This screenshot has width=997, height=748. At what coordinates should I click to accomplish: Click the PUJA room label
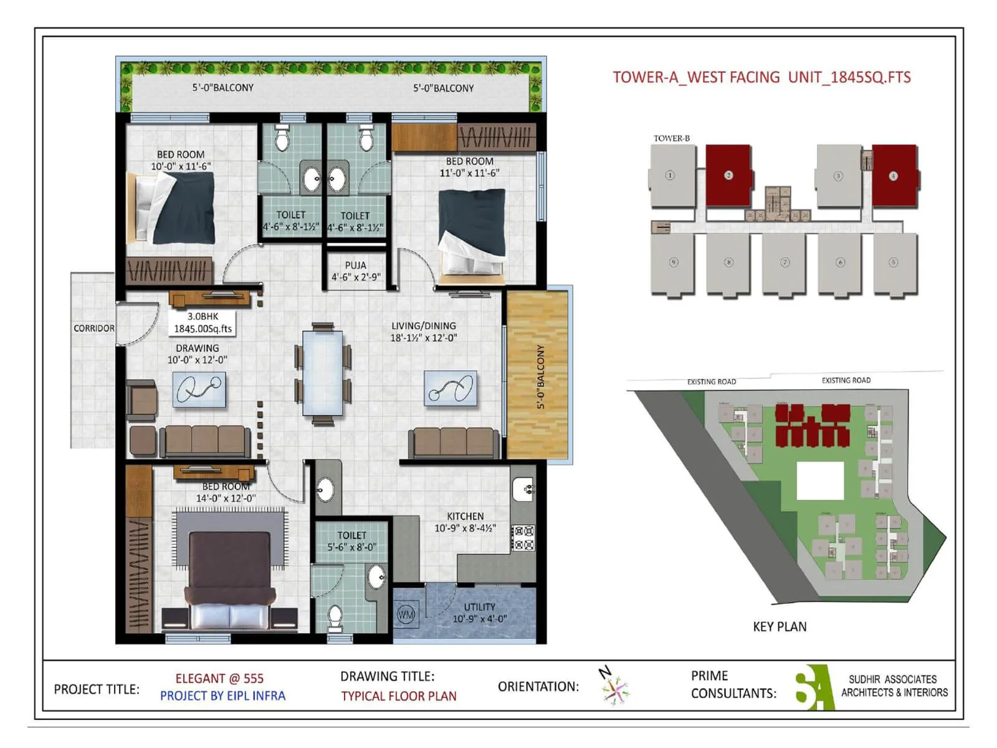tap(356, 266)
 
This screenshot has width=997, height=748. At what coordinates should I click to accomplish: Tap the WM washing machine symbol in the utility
tap(406, 615)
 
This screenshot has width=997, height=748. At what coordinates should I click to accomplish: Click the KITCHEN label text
tap(465, 516)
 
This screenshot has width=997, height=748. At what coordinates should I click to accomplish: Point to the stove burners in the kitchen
tap(523, 538)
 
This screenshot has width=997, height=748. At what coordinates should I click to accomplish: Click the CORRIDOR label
tap(93, 328)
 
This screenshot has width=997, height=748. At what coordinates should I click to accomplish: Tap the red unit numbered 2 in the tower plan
tap(728, 175)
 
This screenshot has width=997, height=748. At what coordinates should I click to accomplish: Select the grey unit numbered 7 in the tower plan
tap(785, 262)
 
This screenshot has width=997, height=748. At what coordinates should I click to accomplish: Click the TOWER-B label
tap(671, 138)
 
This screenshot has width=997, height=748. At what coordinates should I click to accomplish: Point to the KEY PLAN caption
tap(780, 627)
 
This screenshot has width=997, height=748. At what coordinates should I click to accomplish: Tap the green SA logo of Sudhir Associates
tap(814, 687)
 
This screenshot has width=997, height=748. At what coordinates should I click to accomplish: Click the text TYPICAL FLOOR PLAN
tap(399, 696)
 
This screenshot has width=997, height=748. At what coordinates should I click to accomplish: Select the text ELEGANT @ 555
tap(219, 678)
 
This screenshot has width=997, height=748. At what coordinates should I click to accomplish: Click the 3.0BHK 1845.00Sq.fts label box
tap(203, 323)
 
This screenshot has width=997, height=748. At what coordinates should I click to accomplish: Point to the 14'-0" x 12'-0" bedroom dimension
tap(226, 499)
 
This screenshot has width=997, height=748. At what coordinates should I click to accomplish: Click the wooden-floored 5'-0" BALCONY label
tap(540, 376)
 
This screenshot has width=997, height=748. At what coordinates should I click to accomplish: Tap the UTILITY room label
tap(479, 607)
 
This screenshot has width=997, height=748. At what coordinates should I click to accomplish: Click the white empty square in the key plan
tap(820, 481)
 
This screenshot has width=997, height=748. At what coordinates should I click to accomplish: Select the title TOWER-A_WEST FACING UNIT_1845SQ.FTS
tap(761, 77)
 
